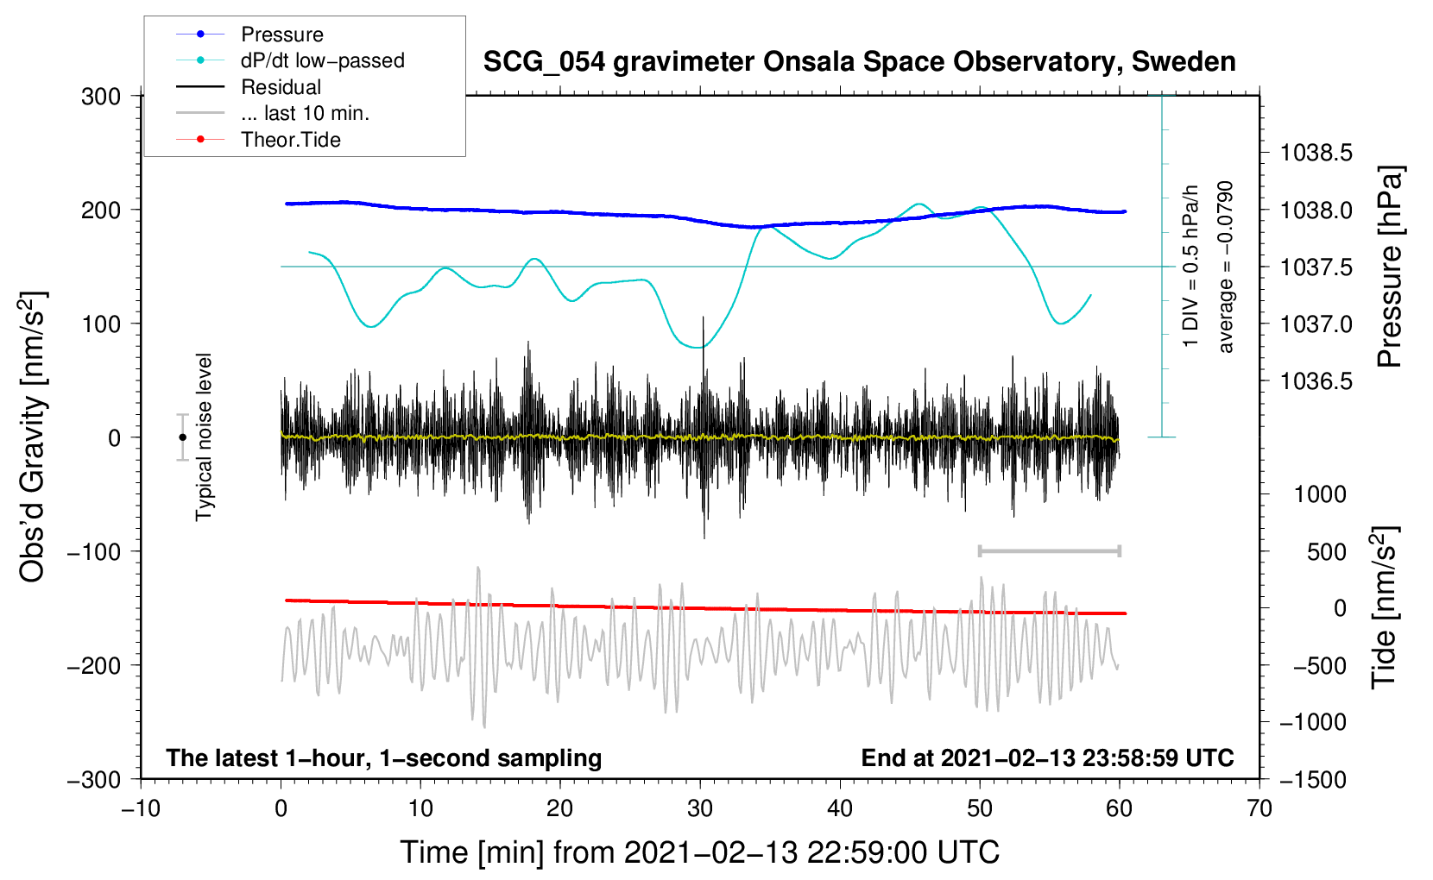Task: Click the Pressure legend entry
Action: click(x=281, y=35)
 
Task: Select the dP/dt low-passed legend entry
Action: click(x=322, y=60)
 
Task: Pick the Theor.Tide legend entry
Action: click(x=290, y=140)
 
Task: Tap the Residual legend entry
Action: click(x=281, y=87)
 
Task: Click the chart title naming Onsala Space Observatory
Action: click(x=859, y=62)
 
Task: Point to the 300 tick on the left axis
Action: click(x=101, y=96)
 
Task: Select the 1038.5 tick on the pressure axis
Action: click(x=1316, y=154)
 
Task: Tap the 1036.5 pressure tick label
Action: click(x=1316, y=381)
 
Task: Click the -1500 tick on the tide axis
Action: click(x=1312, y=779)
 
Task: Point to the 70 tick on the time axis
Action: click(x=1259, y=808)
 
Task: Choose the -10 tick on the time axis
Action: click(x=141, y=808)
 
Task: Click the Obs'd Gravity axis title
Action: click(x=33, y=437)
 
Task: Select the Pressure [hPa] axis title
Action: click(x=1389, y=267)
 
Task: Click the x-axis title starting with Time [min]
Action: click(x=700, y=852)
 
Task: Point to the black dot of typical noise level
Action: click(x=182, y=437)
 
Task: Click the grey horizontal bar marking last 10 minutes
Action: click(x=1049, y=550)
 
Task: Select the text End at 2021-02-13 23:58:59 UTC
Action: click(x=1047, y=758)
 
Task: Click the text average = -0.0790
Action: click(x=1226, y=267)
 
